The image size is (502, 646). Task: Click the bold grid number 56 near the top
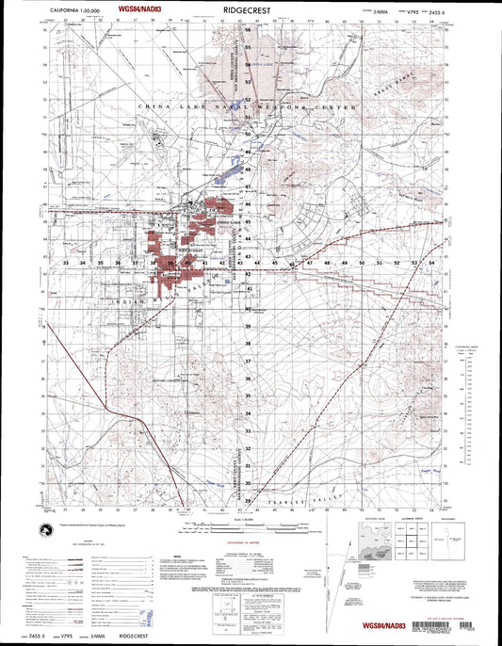click(248, 30)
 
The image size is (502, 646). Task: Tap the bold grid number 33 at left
click(67, 263)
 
